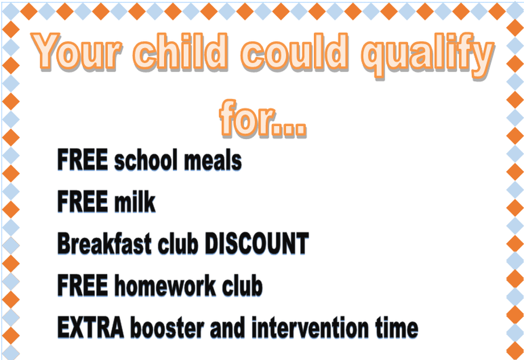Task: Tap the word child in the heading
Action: (x=180, y=51)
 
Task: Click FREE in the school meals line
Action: (x=82, y=160)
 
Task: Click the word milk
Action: (x=134, y=201)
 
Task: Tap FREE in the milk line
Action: (x=82, y=201)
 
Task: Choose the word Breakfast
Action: (x=104, y=243)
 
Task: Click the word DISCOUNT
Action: (x=256, y=243)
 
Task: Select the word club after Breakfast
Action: (x=178, y=243)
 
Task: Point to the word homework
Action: (x=165, y=285)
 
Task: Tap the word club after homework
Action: (x=242, y=285)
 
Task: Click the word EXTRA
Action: (x=91, y=327)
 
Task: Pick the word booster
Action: (x=167, y=327)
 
